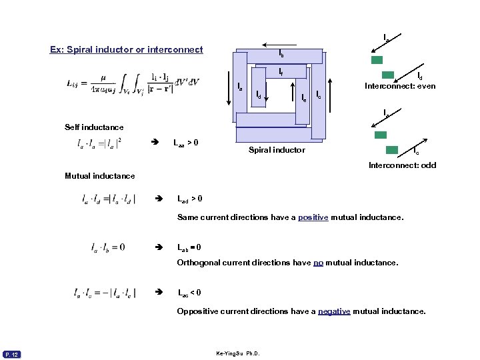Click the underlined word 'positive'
pyautogui.click(x=313, y=217)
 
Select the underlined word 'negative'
pyautogui.click(x=334, y=311)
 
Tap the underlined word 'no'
pyautogui.click(x=318, y=263)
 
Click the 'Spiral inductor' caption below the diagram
pyautogui.click(x=277, y=150)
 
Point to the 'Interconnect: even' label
pyautogui.click(x=400, y=86)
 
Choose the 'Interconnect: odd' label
pyautogui.click(x=403, y=165)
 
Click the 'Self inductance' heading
pyautogui.click(x=94, y=127)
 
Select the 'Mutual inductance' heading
pyautogui.click(x=100, y=176)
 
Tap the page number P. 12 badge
pyautogui.click(x=13, y=353)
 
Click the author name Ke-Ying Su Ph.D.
pyautogui.click(x=238, y=353)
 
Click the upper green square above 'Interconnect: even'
pyautogui.click(x=377, y=59)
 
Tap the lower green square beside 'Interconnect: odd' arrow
pyautogui.click(x=392, y=150)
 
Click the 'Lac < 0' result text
pyautogui.click(x=189, y=293)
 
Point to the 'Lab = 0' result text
pyautogui.click(x=189, y=247)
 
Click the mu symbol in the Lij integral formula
pyautogui.click(x=103, y=77)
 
